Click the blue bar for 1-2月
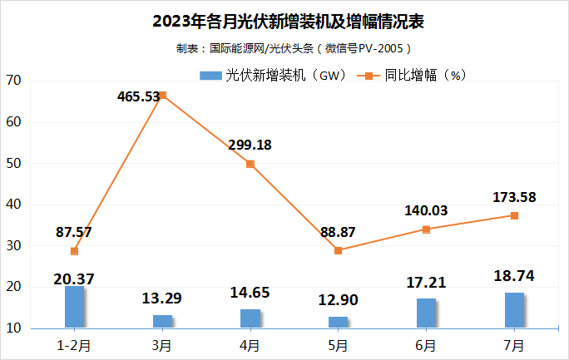click(75, 307)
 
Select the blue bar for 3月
click(163, 322)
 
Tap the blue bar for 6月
click(426, 313)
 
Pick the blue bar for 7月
click(514, 310)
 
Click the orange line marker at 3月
click(163, 96)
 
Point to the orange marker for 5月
click(339, 250)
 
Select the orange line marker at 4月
click(250, 164)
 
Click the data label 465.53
click(139, 96)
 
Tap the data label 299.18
click(250, 145)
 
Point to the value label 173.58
click(514, 197)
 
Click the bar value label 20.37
click(75, 278)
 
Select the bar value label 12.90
click(339, 298)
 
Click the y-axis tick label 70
click(13, 81)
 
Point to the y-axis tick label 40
click(13, 205)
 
